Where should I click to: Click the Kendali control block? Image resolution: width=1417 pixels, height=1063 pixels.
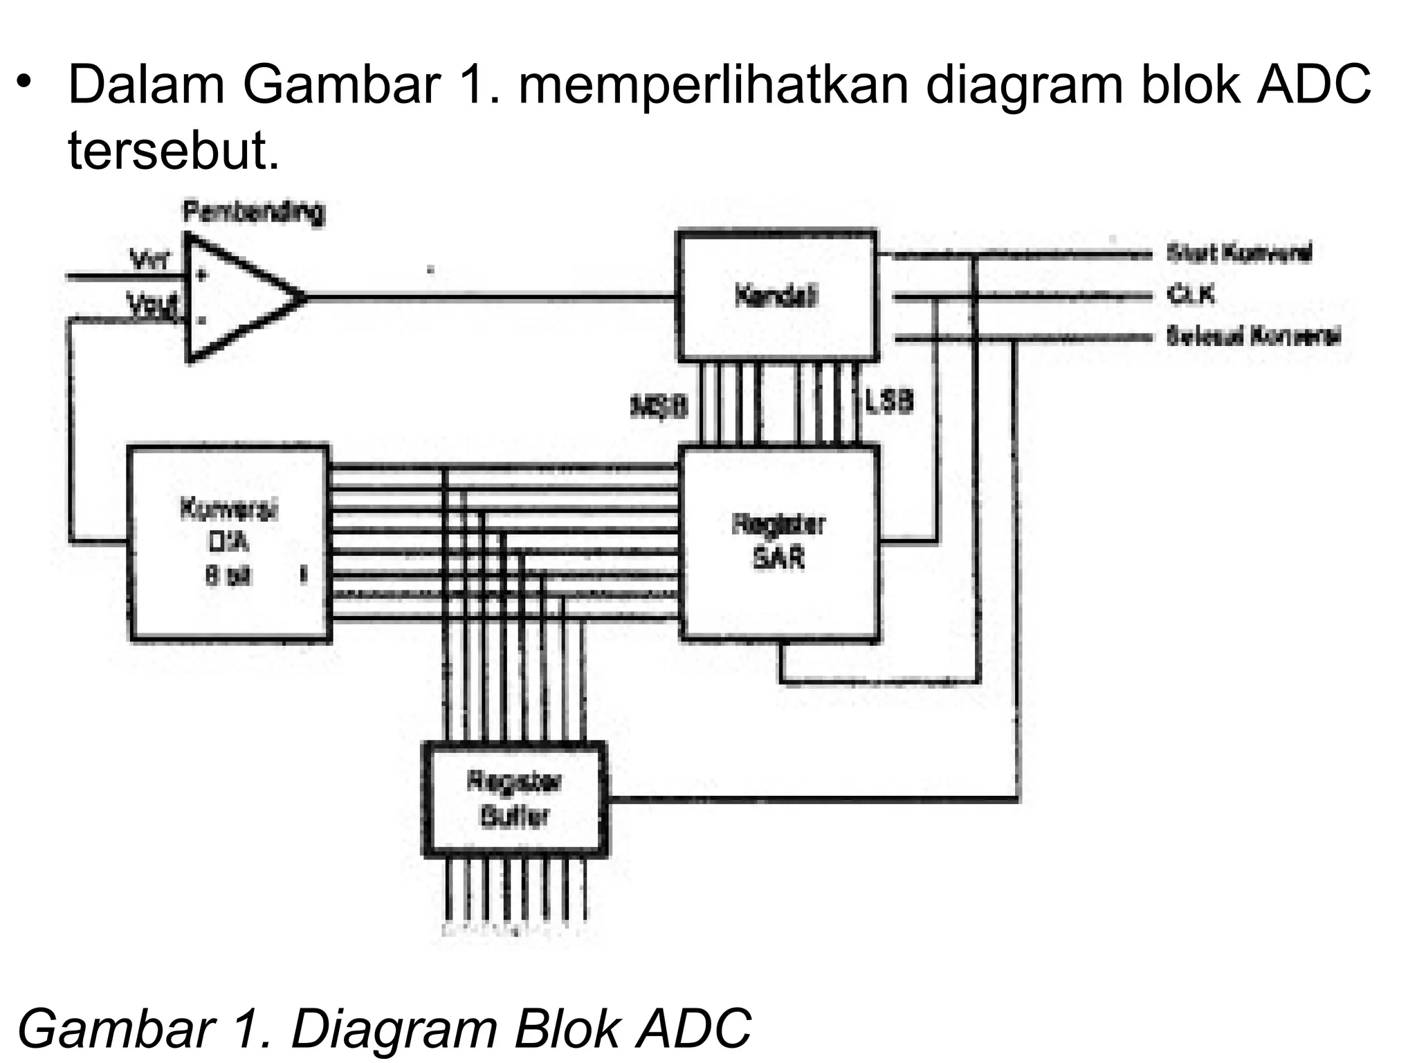coord(777,296)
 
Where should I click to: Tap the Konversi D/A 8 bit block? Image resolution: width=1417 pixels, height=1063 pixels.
coord(228,543)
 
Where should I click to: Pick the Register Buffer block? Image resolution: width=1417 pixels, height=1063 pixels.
coord(515,799)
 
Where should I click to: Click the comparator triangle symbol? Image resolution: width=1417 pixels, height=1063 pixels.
coord(235,298)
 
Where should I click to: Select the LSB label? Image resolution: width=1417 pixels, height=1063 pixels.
coord(890,401)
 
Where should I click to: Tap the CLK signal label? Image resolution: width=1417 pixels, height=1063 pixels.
coord(1190,296)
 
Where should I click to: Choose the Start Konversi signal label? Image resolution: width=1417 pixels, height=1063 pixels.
coord(1238,253)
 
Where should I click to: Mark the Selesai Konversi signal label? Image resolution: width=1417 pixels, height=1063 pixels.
coord(1253,337)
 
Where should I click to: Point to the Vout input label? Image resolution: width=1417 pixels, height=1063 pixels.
coord(152,304)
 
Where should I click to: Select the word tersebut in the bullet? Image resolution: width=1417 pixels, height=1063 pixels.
coord(173,150)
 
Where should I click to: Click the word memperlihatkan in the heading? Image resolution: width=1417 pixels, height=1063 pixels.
coord(713,85)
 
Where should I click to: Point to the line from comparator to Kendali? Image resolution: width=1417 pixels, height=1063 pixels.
coord(484,298)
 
